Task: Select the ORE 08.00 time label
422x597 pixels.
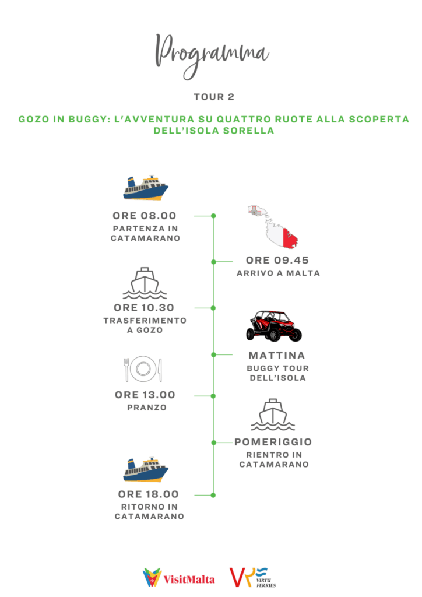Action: click(145, 216)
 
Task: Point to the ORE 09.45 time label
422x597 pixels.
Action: click(277, 260)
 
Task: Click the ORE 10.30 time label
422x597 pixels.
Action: click(145, 308)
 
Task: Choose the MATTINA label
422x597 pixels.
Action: click(277, 355)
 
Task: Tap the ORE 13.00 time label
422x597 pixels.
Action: click(145, 395)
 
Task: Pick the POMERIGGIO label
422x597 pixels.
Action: click(273, 442)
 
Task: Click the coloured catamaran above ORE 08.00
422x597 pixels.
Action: click(146, 187)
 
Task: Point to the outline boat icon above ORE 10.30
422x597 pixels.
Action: click(145, 283)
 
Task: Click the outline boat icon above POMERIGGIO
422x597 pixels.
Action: click(273, 415)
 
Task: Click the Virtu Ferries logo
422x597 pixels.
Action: click(253, 577)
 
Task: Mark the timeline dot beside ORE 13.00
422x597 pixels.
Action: click(213, 396)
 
